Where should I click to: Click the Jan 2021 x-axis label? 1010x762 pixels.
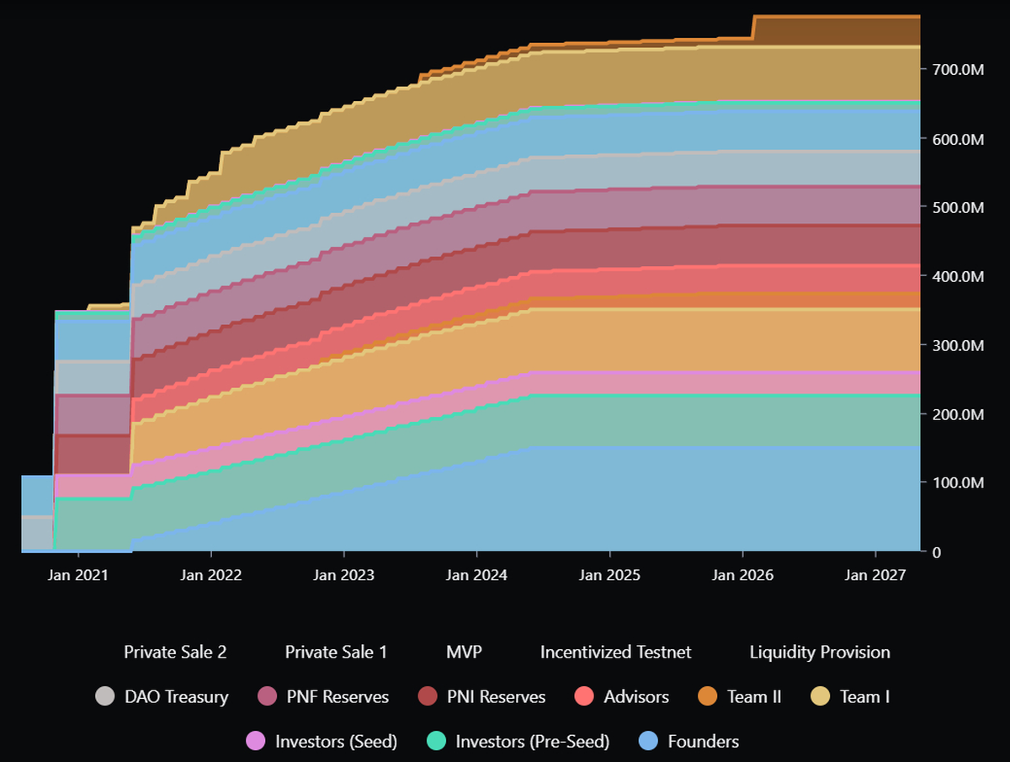77,576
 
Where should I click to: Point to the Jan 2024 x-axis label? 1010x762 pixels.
476,576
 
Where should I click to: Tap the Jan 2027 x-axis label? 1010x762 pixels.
875,576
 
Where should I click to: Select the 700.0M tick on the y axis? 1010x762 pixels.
958,70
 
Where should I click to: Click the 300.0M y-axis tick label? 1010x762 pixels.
958,345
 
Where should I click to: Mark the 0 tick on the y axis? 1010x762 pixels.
936,552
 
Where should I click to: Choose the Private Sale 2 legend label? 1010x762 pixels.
175,652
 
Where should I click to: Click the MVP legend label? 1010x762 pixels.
464,652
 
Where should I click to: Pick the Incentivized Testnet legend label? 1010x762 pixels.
615,652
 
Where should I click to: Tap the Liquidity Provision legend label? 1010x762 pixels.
819,652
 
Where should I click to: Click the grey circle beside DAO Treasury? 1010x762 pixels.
104,696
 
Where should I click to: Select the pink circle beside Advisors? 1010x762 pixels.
584,696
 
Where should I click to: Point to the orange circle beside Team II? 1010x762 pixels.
708,696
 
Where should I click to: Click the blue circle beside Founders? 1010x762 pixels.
648,741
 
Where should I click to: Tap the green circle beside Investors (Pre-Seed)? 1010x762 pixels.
435,741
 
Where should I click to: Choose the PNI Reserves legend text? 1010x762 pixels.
496,696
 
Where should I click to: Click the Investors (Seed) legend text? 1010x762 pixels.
336,741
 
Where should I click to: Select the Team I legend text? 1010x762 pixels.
864,696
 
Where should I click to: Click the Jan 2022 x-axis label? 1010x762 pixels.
210,576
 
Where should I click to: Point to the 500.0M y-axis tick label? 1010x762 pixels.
958,208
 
